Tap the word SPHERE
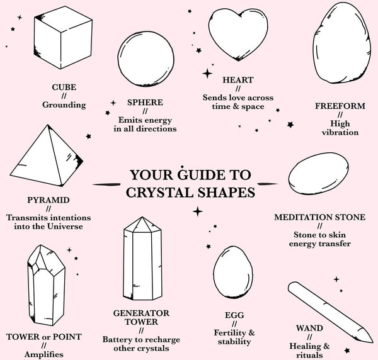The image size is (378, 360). pyautogui.click(x=145, y=102)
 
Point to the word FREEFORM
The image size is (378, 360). pyautogui.click(x=340, y=106)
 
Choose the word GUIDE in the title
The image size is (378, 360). pyautogui.click(x=198, y=174)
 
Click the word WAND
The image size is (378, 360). pyautogui.click(x=309, y=328)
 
